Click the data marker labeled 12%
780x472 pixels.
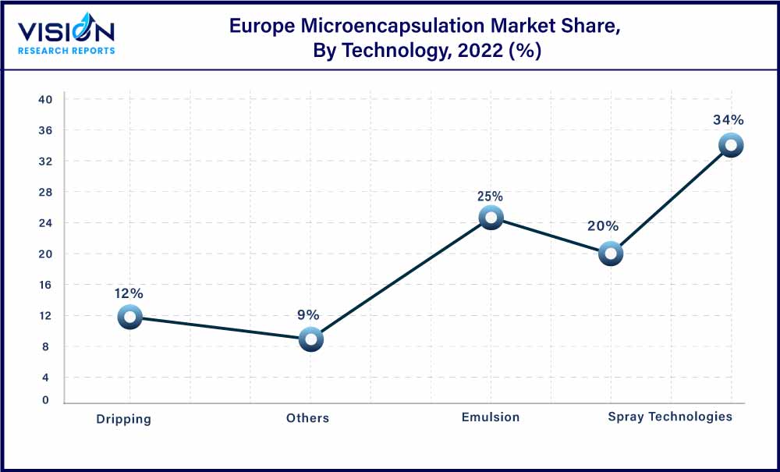(129, 317)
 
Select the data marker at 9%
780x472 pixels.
(311, 339)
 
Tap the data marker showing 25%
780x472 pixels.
(491, 218)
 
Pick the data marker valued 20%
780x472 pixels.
(611, 254)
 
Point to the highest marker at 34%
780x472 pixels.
(731, 145)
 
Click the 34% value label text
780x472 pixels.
(728, 120)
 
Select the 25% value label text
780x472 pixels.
(491, 197)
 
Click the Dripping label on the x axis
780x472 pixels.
(123, 419)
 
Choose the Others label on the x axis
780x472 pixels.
(307, 418)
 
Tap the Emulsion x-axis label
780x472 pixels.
(490, 417)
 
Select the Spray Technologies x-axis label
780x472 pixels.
(670, 417)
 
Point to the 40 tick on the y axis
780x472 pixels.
(45, 100)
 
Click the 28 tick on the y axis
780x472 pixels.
(45, 192)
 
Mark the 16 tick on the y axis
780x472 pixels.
(45, 285)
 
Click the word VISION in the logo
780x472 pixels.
(66, 31)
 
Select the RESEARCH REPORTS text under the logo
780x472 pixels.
(66, 51)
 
